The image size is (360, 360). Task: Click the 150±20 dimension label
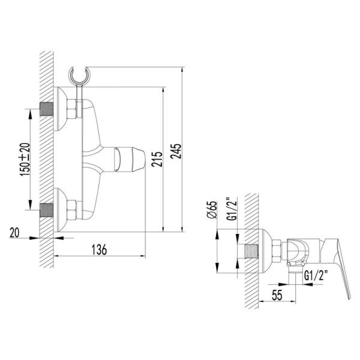(x=24, y=158)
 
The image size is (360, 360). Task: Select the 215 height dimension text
(x=157, y=160)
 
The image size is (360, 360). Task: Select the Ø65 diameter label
(x=211, y=210)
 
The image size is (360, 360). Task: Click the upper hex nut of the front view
(x=71, y=111)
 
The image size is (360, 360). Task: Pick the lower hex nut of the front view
(x=71, y=210)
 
